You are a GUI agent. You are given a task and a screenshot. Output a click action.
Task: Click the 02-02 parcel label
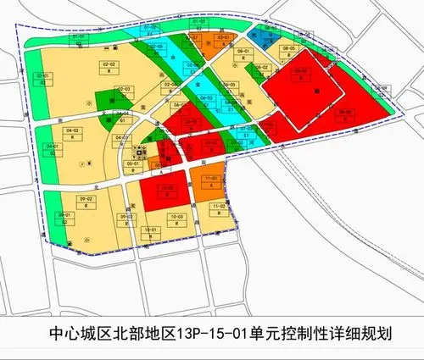click(x=109, y=64)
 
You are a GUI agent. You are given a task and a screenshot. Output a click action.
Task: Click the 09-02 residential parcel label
click(x=86, y=199)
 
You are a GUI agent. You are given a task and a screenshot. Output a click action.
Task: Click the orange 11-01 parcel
click(x=209, y=180)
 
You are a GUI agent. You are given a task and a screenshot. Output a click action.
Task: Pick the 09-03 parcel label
click(x=127, y=218)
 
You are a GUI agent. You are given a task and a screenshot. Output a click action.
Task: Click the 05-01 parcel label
click(x=132, y=163)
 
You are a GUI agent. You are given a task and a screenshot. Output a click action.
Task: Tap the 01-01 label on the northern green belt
click(x=78, y=37)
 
